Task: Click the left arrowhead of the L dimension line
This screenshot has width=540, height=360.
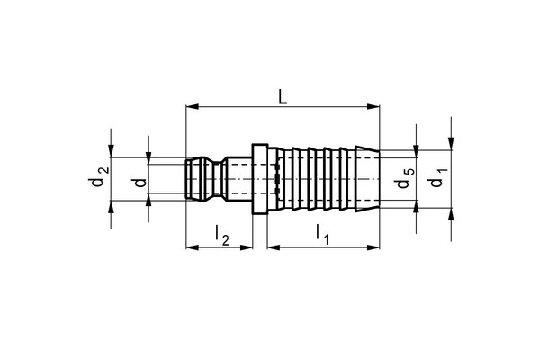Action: pos(190,109)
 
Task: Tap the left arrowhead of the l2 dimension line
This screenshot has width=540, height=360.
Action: pos(190,247)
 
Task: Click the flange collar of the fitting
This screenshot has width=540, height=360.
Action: pos(259,180)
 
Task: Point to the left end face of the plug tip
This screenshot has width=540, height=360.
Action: pos(185,180)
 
